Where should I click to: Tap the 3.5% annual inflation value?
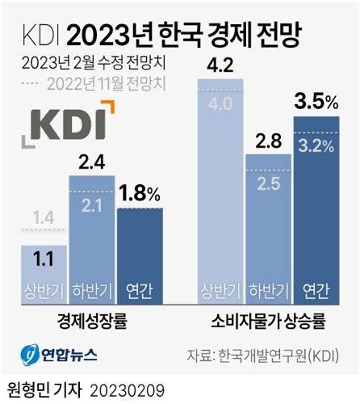314,103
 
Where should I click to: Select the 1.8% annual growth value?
140,195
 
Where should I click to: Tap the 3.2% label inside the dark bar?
314,148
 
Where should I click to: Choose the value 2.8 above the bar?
267,141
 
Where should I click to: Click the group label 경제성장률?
91,322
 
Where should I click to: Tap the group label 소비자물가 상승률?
268,322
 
